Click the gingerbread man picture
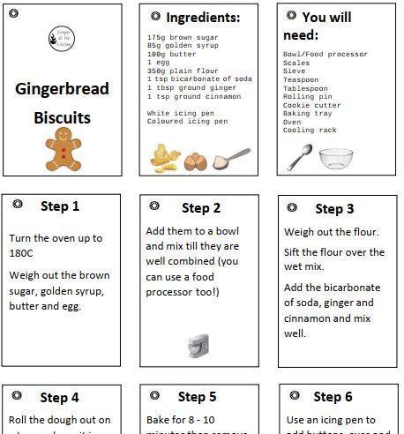pos(63,148)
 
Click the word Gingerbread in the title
pos(62,89)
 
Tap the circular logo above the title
pos(62,37)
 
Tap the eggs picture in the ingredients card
pos(194,161)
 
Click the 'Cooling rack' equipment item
pos(310,130)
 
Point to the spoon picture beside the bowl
pos(300,157)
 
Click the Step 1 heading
pos(59,206)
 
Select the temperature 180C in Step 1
pos(20,252)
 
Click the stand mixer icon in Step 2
pos(198,346)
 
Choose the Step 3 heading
pos(334,209)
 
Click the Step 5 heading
pos(197,397)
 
